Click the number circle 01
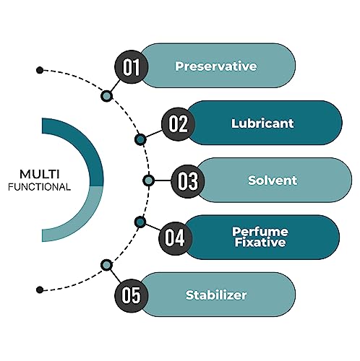tap(131, 66)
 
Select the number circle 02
tap(178, 124)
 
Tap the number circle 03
tap(188, 181)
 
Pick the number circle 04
tap(175, 238)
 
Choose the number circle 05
tap(131, 295)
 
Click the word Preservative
tap(216, 66)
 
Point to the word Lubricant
tap(262, 123)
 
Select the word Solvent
tap(273, 180)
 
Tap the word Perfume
tap(260, 232)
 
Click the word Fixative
tap(260, 242)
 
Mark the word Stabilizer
tap(216, 295)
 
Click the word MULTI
tap(40, 174)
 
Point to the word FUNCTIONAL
tap(39, 187)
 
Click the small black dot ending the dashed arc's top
tap(40, 70)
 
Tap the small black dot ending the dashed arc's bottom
tap(40, 290)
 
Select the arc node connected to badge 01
tap(106, 96)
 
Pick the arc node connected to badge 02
tap(140, 139)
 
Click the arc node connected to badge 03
tap(148, 180)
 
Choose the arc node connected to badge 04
tap(140, 222)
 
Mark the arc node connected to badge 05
tap(106, 265)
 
